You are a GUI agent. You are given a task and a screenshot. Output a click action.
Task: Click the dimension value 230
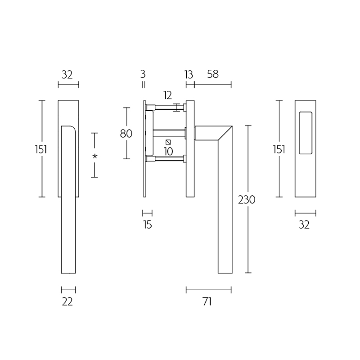coord(247,200)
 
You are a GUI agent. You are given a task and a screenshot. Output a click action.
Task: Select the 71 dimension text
coord(207,302)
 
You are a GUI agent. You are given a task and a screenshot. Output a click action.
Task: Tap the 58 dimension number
coord(213,74)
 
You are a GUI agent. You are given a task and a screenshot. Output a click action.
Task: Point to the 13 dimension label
coord(189,74)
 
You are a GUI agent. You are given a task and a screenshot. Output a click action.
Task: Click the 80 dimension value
coord(126,134)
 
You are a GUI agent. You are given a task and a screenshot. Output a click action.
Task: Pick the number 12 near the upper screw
coord(168,95)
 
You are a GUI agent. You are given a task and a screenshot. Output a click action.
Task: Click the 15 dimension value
coord(148,225)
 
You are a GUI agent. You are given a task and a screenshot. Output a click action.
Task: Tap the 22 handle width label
coord(67,302)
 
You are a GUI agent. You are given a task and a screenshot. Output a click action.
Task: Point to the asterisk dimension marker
coord(94,156)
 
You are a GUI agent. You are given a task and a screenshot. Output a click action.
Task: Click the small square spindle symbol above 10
coord(168,142)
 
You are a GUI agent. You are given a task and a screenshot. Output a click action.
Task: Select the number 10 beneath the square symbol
coord(168,152)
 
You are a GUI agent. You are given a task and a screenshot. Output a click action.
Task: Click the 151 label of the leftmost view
coord(41,149)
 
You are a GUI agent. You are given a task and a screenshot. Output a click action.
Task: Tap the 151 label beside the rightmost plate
coord(279,149)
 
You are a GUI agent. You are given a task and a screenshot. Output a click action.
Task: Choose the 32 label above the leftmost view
coord(67,74)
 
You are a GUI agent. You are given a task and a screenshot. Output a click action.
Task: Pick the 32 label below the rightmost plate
coord(304,225)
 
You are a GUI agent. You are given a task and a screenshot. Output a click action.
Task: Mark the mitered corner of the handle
coord(225,133)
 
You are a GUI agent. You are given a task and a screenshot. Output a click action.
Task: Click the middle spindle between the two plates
coord(169,132)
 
